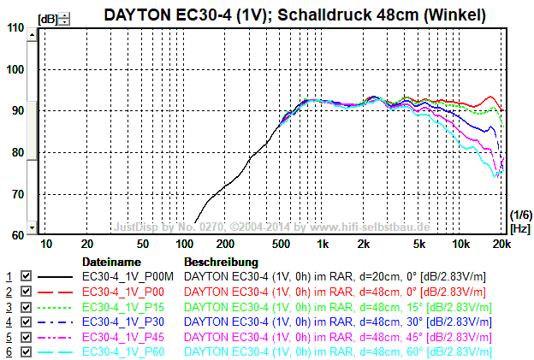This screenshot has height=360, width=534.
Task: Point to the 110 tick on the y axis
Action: [x=15, y=28]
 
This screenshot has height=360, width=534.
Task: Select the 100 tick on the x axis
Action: [x=181, y=244]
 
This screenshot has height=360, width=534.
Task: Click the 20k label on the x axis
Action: [x=502, y=244]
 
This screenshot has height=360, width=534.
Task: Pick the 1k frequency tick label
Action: [x=323, y=244]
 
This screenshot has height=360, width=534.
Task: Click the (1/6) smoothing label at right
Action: [x=520, y=214]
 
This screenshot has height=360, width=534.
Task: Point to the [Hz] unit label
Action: [x=520, y=228]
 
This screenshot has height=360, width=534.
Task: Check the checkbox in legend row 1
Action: [x=26, y=276]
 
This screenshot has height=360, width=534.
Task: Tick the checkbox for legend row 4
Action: [x=26, y=322]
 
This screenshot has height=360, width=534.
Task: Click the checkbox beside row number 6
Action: [x=26, y=352]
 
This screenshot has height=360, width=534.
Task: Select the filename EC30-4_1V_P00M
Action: [x=128, y=276]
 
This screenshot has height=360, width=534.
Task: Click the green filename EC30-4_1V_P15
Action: [x=125, y=307]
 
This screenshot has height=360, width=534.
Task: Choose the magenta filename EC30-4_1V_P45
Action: [x=125, y=337]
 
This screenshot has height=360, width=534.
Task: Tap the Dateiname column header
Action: [x=110, y=261]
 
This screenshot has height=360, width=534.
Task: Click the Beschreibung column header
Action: [x=221, y=261]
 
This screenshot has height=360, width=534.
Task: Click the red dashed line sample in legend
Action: [x=56, y=292]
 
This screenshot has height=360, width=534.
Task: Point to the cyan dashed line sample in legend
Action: [x=56, y=352]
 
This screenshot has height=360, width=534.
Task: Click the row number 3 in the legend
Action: [x=9, y=307]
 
